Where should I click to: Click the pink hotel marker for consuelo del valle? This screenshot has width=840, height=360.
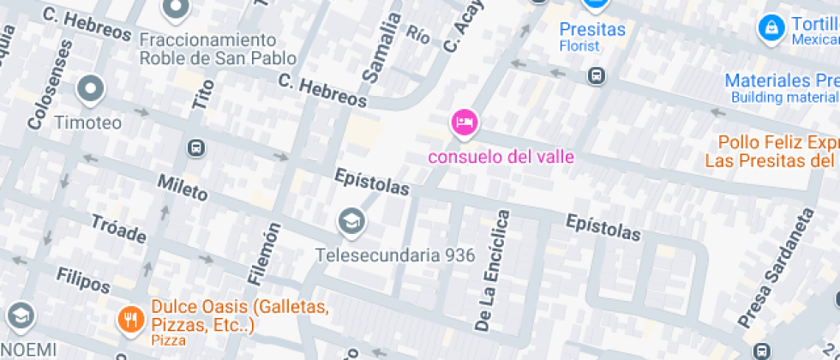tap(463, 123)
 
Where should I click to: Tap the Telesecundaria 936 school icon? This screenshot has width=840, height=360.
tap(351, 222)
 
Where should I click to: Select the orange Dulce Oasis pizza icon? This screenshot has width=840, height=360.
tap(130, 320)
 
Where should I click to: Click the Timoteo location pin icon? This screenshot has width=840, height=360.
tap(90, 88)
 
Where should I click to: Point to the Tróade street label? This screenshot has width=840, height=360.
tap(117, 229)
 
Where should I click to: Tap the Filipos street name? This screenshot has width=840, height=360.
tap(83, 279)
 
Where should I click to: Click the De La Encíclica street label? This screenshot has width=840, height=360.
tap(493, 271)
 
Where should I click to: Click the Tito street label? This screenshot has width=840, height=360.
tap(202, 90)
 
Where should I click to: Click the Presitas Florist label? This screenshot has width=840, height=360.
tap(591, 35)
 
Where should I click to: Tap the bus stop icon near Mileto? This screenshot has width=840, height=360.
tap(195, 148)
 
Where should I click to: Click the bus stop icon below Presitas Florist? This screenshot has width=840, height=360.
tap(596, 76)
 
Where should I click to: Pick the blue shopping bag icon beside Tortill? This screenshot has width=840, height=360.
tap(771, 28)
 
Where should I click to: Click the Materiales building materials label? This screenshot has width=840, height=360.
tap(781, 87)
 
